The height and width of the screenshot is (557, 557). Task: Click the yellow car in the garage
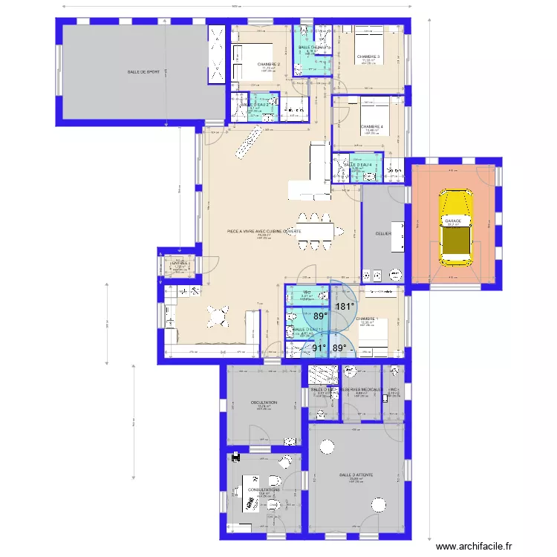455,227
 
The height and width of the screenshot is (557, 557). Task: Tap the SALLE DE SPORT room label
143,72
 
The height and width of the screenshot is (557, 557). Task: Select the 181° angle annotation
344,306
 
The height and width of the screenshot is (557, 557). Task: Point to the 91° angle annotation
319,347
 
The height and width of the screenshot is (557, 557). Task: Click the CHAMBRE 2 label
269,65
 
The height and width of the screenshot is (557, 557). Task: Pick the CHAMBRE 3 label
368,56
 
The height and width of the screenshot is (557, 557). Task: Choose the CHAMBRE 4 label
371,126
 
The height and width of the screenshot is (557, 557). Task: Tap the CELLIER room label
383,233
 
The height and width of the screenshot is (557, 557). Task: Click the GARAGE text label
453,221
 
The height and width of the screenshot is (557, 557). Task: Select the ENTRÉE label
180,263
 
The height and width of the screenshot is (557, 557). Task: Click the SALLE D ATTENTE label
356,474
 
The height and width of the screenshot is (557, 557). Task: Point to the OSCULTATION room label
264,403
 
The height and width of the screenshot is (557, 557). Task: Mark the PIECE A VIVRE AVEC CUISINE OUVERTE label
264,231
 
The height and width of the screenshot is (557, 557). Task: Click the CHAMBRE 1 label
367,319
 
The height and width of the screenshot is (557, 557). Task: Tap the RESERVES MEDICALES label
361,389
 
